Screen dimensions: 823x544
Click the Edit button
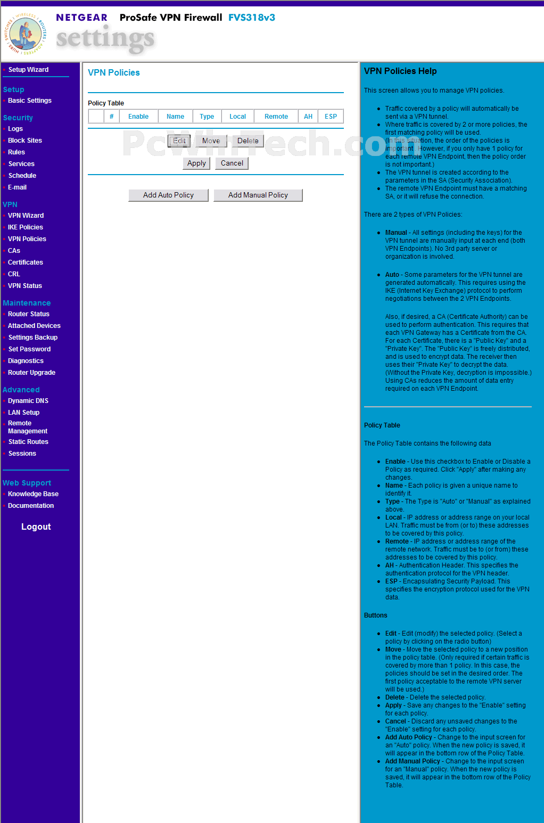click(x=179, y=141)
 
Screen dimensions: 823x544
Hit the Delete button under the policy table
click(x=248, y=141)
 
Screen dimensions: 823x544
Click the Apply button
click(x=196, y=163)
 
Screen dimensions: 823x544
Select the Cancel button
click(x=232, y=163)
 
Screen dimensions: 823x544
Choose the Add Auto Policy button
click(x=168, y=195)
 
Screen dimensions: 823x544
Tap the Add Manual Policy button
click(x=258, y=195)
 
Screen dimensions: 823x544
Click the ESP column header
click(x=331, y=117)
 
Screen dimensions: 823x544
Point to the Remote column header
click(x=276, y=117)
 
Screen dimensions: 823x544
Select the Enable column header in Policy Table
click(x=138, y=117)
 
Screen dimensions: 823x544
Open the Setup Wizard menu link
click(x=28, y=70)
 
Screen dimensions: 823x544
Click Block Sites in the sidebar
click(x=25, y=141)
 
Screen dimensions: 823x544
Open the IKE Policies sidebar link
click(x=26, y=227)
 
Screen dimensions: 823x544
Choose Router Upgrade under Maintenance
click(x=31, y=373)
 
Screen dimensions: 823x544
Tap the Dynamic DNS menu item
click(x=28, y=401)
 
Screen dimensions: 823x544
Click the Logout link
click(x=36, y=526)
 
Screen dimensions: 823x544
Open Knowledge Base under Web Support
click(x=33, y=494)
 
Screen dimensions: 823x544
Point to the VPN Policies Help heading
click(x=400, y=71)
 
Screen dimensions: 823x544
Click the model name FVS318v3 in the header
click(x=252, y=18)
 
